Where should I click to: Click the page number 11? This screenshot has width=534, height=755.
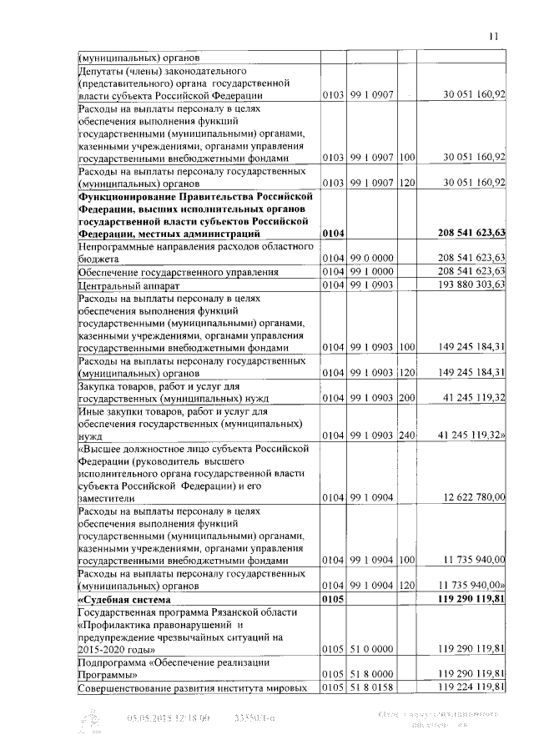point(494,36)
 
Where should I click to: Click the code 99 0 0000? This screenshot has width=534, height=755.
point(372,258)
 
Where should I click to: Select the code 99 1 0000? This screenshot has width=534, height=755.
point(372,271)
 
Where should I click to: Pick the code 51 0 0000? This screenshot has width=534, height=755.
point(372,647)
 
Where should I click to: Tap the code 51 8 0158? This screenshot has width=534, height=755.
point(372,687)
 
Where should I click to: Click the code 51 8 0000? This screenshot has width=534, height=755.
point(372,673)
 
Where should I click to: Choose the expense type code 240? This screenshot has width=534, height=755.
point(406,435)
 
